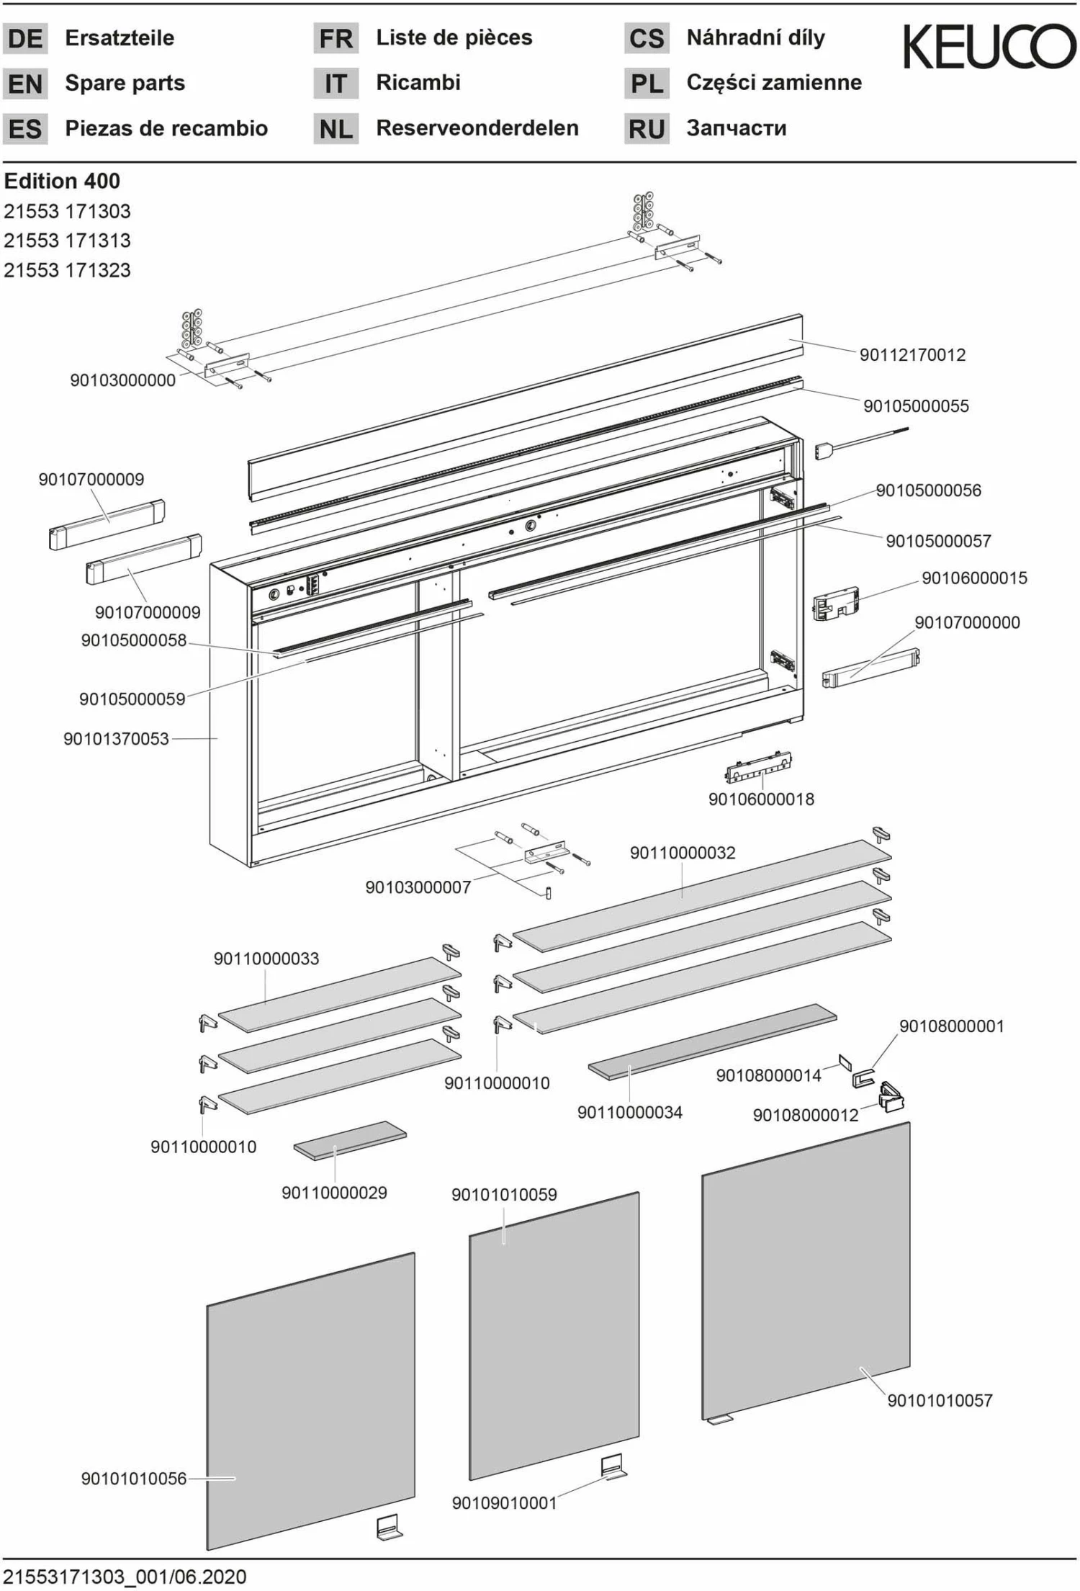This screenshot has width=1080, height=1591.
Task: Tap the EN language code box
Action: [x=25, y=84]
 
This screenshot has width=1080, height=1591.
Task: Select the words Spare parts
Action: [x=125, y=83]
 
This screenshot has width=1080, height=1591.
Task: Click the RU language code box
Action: [x=646, y=129]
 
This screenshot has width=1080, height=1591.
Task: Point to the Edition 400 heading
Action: [x=62, y=181]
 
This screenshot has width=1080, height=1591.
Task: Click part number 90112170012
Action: [x=912, y=354]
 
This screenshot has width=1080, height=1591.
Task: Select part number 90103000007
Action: [x=418, y=887]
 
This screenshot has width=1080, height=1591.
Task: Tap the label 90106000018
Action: [x=761, y=799]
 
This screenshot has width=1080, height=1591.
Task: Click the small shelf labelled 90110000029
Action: [x=350, y=1140]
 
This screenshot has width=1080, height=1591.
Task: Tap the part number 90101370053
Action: [x=116, y=738]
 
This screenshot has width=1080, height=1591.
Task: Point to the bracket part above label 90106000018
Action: [x=758, y=768]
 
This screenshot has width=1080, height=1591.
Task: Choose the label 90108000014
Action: [x=768, y=1075]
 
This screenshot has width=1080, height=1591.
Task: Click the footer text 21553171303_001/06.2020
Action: [x=125, y=1577]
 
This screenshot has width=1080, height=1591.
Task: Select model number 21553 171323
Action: [x=67, y=270]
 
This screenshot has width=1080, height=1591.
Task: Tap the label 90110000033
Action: [x=266, y=959]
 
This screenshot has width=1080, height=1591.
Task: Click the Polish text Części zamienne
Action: [x=774, y=82]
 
